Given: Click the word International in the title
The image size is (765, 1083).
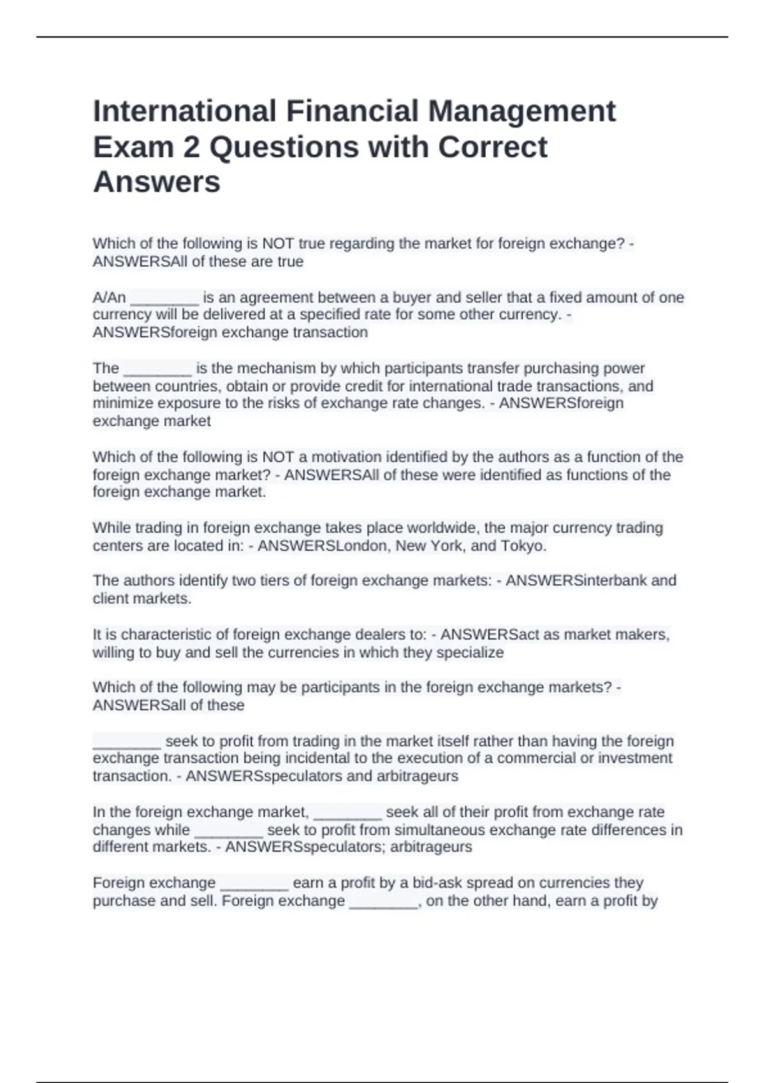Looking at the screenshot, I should click(x=185, y=111).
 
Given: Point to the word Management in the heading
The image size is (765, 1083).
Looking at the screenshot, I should click(x=521, y=111).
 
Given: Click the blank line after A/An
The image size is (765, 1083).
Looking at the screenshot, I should click(x=164, y=298).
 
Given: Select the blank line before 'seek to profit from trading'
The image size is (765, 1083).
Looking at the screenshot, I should click(x=126, y=742).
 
